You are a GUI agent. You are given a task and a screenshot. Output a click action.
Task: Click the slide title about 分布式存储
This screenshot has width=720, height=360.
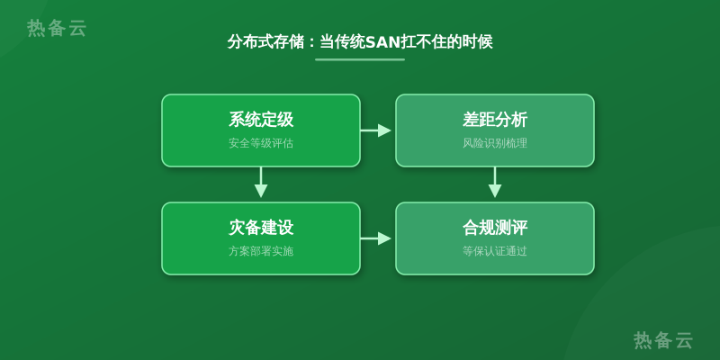pos(360,41)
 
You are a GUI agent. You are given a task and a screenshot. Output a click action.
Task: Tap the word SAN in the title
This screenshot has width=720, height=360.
pos(383,42)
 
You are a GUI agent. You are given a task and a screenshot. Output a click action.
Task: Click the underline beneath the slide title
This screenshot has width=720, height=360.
pos(360,59)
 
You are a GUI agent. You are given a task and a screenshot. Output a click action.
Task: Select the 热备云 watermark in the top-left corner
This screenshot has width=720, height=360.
pos(57,28)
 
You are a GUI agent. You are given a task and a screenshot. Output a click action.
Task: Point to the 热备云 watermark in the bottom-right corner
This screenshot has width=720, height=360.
pos(663,340)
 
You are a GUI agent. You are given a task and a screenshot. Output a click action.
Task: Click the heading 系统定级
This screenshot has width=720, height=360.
pos(261,120)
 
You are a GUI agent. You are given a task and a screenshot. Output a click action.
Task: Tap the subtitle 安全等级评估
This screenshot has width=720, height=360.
pos(261,143)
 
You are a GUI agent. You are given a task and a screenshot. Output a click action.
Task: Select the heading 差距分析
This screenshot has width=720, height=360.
pos(495,120)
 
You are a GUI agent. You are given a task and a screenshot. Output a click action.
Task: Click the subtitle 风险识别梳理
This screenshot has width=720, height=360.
pos(495,143)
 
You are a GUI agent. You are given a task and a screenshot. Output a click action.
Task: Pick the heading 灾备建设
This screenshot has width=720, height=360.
pos(261,228)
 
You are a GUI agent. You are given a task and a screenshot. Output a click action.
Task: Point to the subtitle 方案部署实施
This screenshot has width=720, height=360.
pos(261,251)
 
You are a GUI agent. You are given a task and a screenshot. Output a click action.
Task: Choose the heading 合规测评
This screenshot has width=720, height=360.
pos(495,228)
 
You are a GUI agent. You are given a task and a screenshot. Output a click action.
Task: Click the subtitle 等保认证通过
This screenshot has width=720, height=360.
pos(495,251)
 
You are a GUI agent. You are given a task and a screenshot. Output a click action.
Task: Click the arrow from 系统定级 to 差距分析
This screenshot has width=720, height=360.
pos(375,130)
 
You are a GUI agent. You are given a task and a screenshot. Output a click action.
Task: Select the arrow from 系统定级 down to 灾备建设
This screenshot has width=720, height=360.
pos(261,183)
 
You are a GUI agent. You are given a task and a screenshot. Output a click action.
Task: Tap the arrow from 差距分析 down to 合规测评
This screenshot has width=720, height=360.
pos(494,183)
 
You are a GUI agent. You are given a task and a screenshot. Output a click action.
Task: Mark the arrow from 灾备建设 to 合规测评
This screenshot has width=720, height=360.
pos(375,238)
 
